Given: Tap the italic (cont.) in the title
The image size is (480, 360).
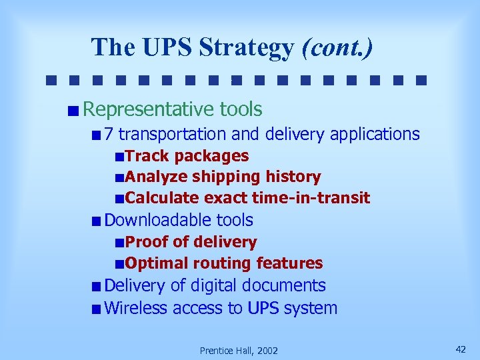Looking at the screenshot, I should point(337,48).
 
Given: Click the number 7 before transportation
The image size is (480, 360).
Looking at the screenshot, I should point(109,134).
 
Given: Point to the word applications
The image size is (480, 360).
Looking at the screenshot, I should point(374,135).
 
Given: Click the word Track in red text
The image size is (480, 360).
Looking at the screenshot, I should point(147,156).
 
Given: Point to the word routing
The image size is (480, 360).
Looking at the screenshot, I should point(223,263).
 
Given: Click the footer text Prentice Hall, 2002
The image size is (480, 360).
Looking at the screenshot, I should point(239,351).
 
